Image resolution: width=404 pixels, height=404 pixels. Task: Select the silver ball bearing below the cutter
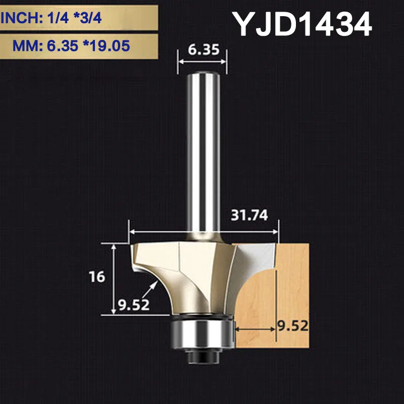click(201, 334)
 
